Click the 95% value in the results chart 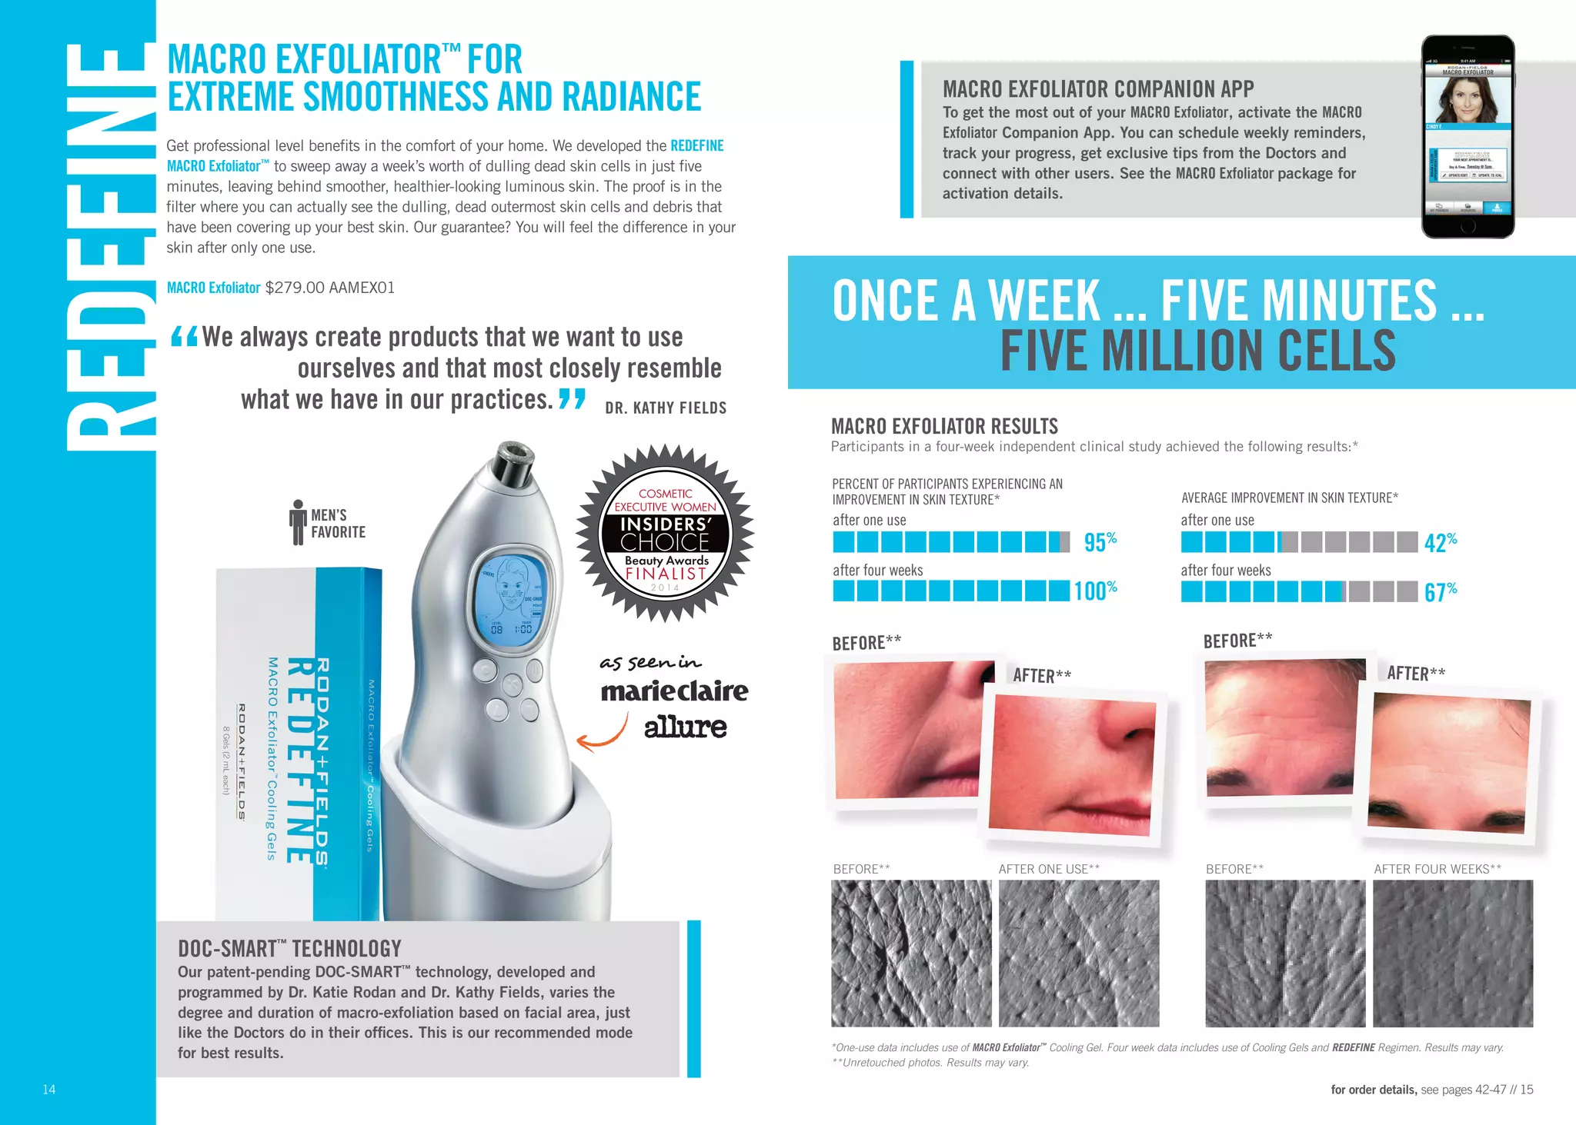tap(1100, 542)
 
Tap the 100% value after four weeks tap(1095, 591)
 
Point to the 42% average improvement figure tap(1440, 543)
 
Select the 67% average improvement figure tap(1440, 592)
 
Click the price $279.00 tap(295, 288)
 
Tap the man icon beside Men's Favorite tap(298, 522)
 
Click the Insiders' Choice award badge tap(665, 533)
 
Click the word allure tap(685, 727)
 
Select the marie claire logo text tap(674, 691)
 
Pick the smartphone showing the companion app tap(1467, 137)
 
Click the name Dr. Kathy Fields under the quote tap(666, 408)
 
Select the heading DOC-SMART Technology tap(289, 949)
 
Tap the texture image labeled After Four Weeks tap(1453, 954)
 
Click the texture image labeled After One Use tap(1079, 954)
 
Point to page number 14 tap(49, 1090)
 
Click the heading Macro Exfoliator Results tap(944, 427)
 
